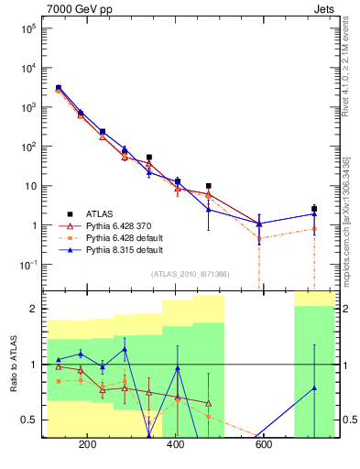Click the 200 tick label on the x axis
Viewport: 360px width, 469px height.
pos(88,446)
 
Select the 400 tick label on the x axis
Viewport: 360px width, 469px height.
pos(175,446)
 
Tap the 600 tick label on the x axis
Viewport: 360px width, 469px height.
pos(264,446)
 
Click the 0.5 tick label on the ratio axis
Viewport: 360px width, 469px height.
pos(29,420)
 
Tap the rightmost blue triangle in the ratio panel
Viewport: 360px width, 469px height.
pos(314,387)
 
